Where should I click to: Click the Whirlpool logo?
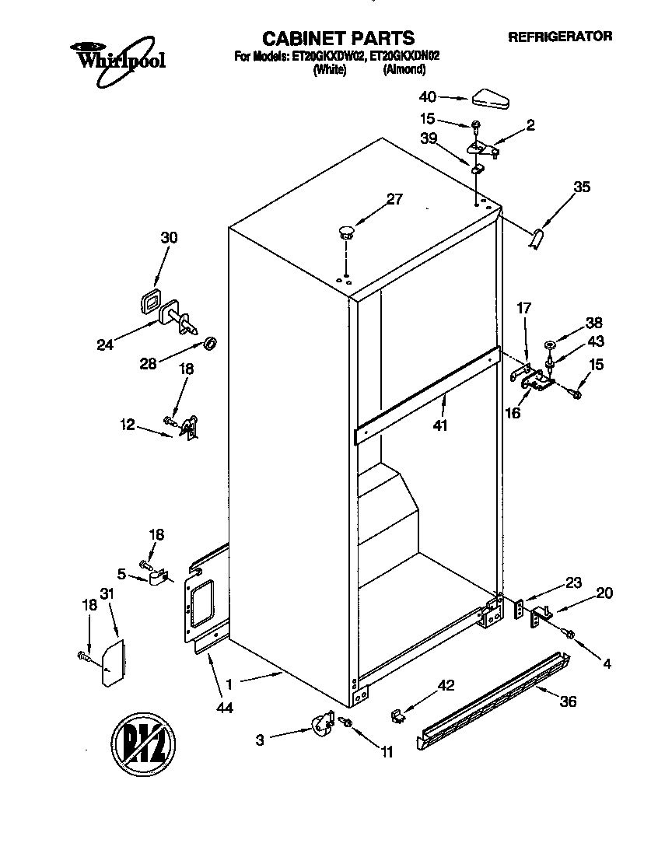pyautogui.click(x=117, y=55)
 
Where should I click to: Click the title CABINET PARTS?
pyautogui.click(x=338, y=37)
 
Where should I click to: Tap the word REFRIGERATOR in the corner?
pyautogui.click(x=559, y=36)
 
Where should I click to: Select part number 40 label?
pyautogui.click(x=427, y=97)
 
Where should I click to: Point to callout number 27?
pyautogui.click(x=394, y=199)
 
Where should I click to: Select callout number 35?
pyautogui.click(x=582, y=187)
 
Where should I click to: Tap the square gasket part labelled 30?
pyautogui.click(x=149, y=302)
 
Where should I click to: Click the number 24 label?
pyautogui.click(x=104, y=345)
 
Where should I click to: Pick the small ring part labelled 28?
pyautogui.click(x=210, y=343)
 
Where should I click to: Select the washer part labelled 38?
pyautogui.click(x=550, y=343)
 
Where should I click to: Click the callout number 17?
pyautogui.click(x=523, y=309)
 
